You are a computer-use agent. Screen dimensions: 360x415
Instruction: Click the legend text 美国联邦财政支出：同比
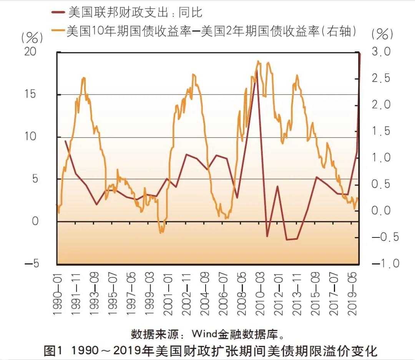pos(135,12)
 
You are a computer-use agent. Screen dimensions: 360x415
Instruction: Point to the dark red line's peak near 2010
pos(256,70)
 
